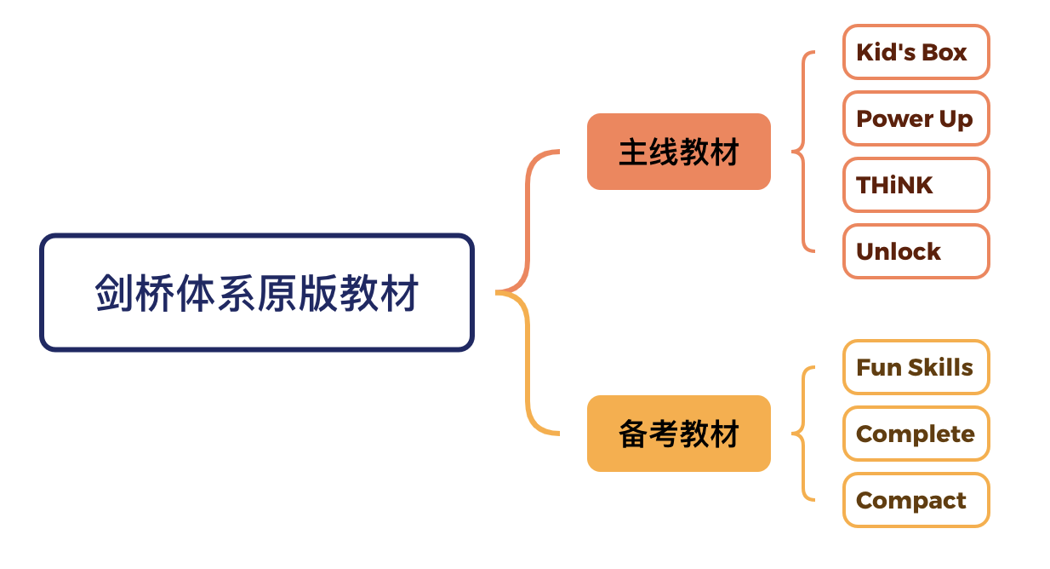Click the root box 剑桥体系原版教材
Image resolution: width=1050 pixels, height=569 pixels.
256,292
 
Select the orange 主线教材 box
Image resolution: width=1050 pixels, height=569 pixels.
678,152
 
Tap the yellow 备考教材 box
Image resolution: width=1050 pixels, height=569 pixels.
678,434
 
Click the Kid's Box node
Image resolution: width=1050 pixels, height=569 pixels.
916,52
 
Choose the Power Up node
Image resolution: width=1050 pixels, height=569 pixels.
916,118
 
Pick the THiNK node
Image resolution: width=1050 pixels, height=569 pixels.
916,185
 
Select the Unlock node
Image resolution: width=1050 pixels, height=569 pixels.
916,251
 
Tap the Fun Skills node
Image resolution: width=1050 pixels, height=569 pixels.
916,367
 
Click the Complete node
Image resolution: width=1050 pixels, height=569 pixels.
916,434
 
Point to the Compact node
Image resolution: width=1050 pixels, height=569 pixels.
916,500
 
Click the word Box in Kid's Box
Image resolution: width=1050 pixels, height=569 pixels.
944,53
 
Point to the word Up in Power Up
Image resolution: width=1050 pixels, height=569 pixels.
956,119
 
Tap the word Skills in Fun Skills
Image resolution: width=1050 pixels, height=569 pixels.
939,367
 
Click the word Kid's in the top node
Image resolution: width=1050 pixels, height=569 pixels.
885,53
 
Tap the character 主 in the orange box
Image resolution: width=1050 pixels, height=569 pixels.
631,152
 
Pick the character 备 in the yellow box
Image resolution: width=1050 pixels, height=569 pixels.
631,434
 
